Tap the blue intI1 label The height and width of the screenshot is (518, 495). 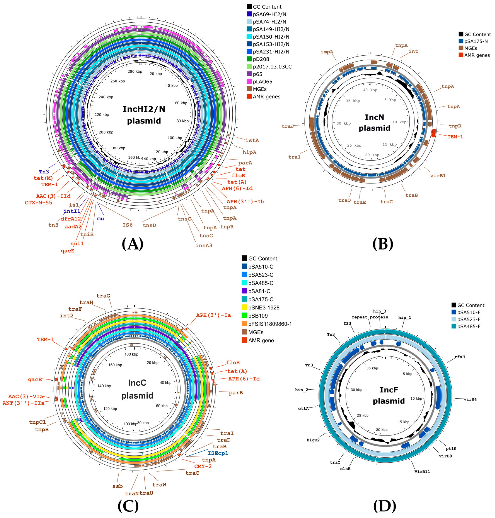[x=72, y=211]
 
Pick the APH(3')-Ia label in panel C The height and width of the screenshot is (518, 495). [x=213, y=315]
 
